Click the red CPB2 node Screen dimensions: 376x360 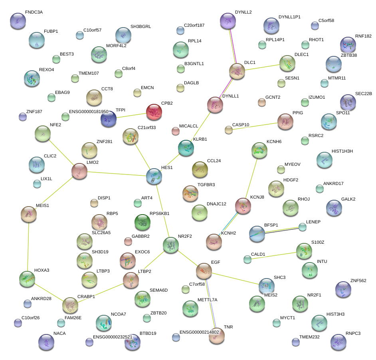(154, 112)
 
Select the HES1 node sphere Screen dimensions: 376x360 (154, 176)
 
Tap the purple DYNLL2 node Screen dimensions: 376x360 (228, 21)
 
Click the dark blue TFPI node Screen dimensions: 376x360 (109, 119)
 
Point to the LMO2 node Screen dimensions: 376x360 (79, 171)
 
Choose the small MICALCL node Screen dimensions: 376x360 (175, 131)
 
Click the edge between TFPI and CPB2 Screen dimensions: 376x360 (132, 115)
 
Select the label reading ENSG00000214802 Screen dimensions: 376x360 (199, 332)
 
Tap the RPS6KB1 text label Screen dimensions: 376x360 (159, 213)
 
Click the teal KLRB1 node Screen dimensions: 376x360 (186, 147)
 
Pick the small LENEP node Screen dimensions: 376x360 (303, 227)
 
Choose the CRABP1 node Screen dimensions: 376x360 (71, 306)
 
